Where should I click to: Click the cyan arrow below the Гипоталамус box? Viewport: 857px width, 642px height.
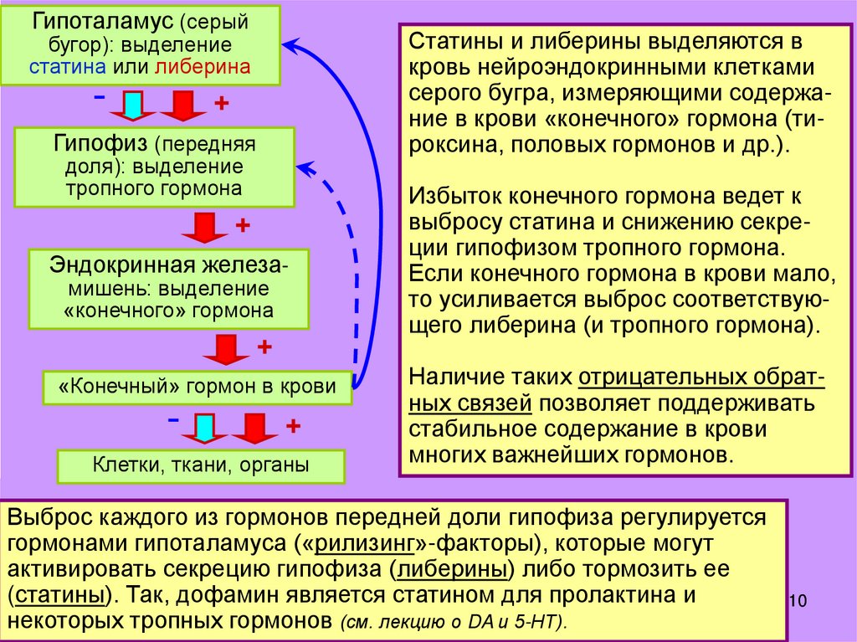[133, 105]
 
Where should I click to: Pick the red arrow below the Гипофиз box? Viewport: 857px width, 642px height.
[202, 227]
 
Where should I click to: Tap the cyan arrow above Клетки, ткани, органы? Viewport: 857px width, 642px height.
[204, 427]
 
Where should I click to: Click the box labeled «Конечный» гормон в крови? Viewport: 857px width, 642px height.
[198, 386]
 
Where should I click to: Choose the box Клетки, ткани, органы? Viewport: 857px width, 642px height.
[200, 465]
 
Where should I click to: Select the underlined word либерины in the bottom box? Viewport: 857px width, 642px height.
[453, 570]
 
